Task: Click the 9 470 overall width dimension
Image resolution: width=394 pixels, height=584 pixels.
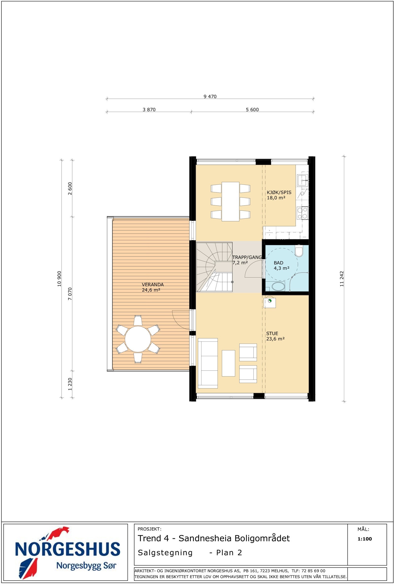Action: tap(210, 97)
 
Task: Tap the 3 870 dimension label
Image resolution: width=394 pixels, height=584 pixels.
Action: tap(149, 110)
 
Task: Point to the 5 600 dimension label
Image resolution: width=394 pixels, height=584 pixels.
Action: tap(252, 110)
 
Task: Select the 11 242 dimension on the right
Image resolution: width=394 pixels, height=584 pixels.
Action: tap(342, 279)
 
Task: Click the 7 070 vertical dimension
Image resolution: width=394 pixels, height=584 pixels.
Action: tap(70, 293)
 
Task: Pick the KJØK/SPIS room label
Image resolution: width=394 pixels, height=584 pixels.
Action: tap(279, 192)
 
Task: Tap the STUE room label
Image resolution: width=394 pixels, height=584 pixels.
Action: tap(272, 333)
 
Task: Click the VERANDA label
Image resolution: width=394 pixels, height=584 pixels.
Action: tap(153, 285)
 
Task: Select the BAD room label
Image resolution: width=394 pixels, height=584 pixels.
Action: tap(279, 263)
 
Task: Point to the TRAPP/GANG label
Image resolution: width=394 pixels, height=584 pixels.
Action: tap(247, 257)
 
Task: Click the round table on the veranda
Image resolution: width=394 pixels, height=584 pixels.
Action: tap(138, 339)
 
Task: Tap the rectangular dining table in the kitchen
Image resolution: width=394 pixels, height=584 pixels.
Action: tap(230, 202)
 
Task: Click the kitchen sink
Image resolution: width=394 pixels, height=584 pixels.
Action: tap(303, 180)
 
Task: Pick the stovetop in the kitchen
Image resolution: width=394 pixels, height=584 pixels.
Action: tap(302, 213)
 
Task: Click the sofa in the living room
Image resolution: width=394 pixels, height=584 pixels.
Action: tap(208, 363)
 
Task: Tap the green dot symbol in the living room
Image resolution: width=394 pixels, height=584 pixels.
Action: tap(270, 301)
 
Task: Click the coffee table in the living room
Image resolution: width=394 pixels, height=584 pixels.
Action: tap(228, 363)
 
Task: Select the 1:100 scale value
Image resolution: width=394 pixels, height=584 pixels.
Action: tap(365, 539)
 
